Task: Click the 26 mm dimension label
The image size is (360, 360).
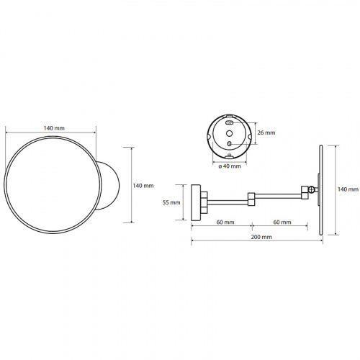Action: point(266,132)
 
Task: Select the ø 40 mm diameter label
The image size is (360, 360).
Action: point(230,166)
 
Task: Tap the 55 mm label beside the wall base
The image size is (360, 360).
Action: point(171,202)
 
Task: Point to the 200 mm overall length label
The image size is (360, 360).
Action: point(261,237)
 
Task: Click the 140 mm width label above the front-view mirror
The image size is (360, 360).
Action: point(54,128)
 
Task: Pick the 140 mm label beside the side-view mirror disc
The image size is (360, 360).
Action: point(348,189)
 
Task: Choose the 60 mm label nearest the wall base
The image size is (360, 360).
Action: point(225,222)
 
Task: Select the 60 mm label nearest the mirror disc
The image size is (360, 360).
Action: point(282,222)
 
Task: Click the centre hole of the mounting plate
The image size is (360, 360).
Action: point(230,133)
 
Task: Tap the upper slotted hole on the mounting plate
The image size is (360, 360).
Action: point(230,123)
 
